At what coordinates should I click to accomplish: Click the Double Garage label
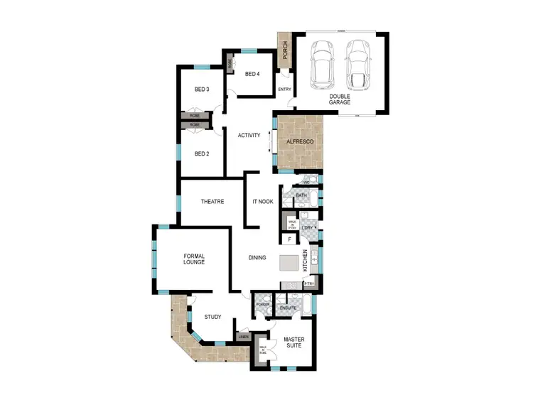[340, 99]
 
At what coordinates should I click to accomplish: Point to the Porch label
[285, 50]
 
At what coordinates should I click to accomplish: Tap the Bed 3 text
[202, 90]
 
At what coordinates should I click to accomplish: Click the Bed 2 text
[202, 153]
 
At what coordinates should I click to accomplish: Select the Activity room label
[249, 135]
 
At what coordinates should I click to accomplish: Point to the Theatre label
[212, 202]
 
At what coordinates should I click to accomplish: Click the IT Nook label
[263, 202]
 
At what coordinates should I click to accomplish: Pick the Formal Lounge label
[194, 259]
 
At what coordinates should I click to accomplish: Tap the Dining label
[257, 257]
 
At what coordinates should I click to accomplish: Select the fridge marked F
[290, 239]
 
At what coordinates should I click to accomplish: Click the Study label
[212, 317]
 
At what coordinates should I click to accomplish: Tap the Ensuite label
[288, 308]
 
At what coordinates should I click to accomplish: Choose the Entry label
[284, 90]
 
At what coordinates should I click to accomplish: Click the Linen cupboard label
[243, 336]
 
